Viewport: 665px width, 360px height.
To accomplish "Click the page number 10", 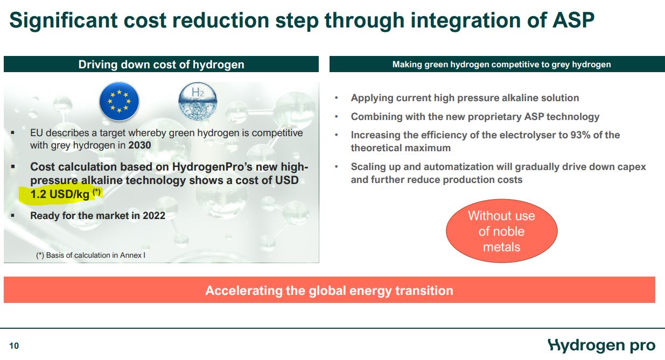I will coord(14,346).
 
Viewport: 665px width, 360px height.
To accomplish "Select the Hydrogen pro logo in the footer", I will coord(601,345).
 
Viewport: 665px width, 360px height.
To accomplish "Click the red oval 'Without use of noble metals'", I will coord(501,231).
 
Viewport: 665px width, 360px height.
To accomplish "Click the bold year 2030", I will coord(140,146).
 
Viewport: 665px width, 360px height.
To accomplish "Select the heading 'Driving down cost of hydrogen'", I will coord(161,65).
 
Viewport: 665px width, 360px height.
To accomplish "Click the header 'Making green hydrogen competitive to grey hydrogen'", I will coord(501,65).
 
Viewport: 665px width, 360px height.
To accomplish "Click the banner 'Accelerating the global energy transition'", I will coord(329,291).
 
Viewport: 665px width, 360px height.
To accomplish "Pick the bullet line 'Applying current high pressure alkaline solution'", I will coord(465,98).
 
